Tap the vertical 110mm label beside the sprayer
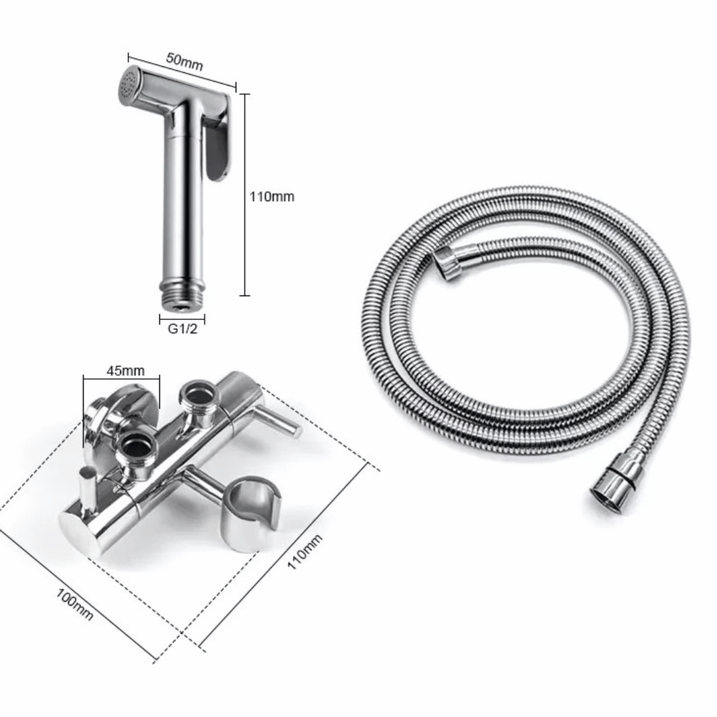(272, 197)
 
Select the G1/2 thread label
(183, 329)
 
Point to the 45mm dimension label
(125, 370)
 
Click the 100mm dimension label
(74, 605)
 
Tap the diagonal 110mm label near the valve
(305, 551)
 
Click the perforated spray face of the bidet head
(127, 84)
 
